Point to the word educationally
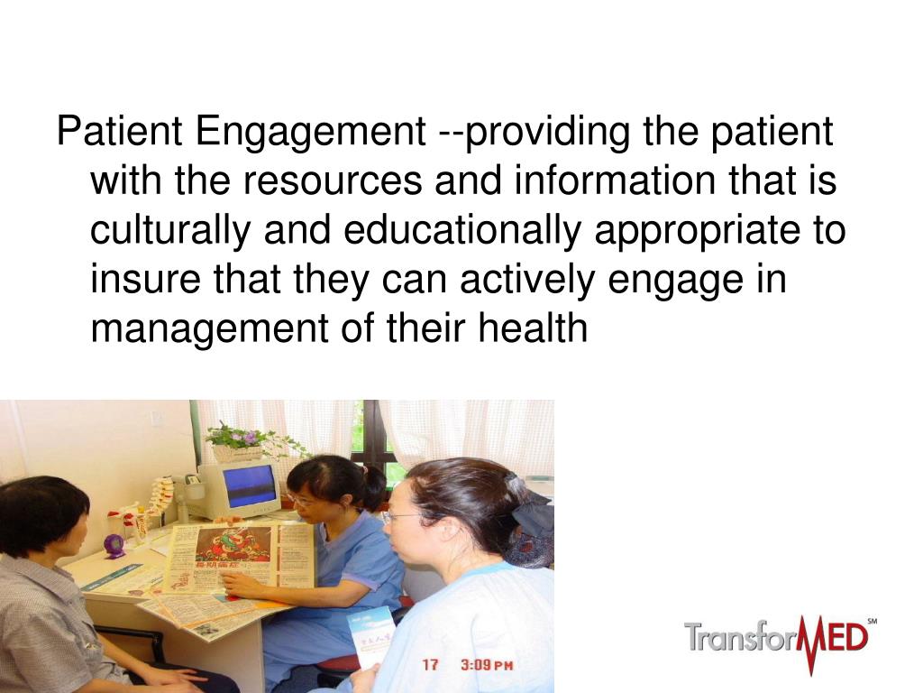coord(461,231)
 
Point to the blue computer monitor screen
coord(249,485)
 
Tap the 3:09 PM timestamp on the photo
coord(487,665)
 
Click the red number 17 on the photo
coord(431,665)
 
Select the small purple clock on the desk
coord(115,545)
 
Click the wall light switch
coord(156,420)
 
